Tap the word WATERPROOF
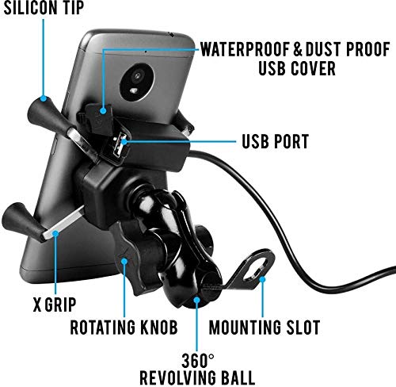pyautogui.click(x=234, y=48)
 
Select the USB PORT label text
pyautogui.click(x=276, y=143)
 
